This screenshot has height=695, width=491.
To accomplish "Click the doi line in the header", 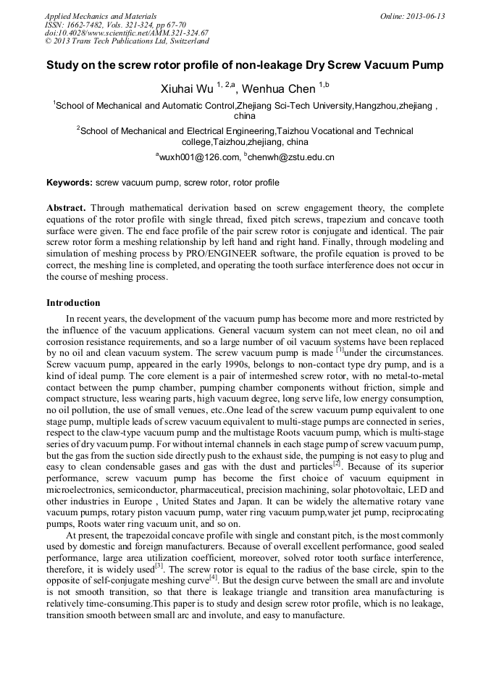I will click(127, 33).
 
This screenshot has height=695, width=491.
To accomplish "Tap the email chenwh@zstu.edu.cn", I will click(291, 157).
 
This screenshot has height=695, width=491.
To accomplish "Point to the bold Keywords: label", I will click(70, 183).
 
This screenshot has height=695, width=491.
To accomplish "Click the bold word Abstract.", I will click(67, 207).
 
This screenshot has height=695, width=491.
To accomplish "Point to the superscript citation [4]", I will click(213, 578).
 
